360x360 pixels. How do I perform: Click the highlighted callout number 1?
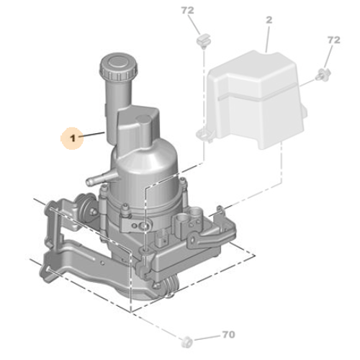(x=73, y=138)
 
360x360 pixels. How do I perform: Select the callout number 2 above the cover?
(x=269, y=20)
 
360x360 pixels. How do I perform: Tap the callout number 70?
(x=228, y=335)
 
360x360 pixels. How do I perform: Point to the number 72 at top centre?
(x=187, y=10)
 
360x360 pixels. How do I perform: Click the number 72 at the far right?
(x=333, y=40)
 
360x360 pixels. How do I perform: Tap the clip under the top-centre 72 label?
(x=203, y=41)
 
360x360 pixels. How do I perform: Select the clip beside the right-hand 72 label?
(x=323, y=74)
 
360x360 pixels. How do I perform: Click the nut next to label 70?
(x=186, y=341)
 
